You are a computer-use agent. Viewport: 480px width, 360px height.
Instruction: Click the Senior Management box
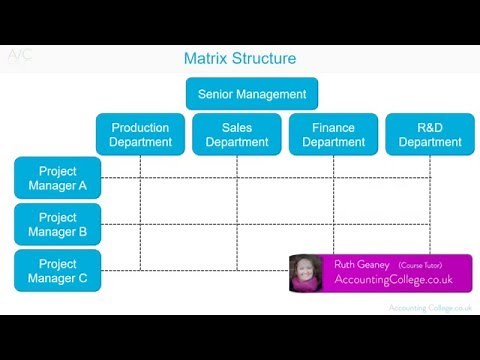(251, 94)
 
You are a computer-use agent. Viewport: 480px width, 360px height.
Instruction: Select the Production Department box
(140, 134)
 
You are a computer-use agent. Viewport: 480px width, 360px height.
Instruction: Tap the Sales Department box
(236, 134)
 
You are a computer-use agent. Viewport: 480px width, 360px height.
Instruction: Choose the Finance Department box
(333, 134)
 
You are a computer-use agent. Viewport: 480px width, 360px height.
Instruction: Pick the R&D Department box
(430, 134)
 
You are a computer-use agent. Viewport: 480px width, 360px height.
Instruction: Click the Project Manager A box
(57, 177)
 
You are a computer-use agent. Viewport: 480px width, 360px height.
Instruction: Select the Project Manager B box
(57, 224)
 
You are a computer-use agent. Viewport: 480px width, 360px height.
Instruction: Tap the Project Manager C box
(57, 270)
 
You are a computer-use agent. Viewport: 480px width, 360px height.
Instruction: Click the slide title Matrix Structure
(239, 58)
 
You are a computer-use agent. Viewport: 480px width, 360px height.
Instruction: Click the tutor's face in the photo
(305, 273)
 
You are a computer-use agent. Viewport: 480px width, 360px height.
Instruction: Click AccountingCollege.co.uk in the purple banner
(393, 280)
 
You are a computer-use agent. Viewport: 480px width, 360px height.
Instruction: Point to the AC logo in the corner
(19, 56)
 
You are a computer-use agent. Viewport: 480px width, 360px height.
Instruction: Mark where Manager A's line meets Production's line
(140, 178)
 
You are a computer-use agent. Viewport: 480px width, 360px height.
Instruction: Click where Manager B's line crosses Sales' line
(236, 225)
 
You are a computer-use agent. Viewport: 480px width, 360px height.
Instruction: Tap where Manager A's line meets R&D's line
(430, 178)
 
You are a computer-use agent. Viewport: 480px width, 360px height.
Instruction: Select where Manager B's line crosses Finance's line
(333, 225)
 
